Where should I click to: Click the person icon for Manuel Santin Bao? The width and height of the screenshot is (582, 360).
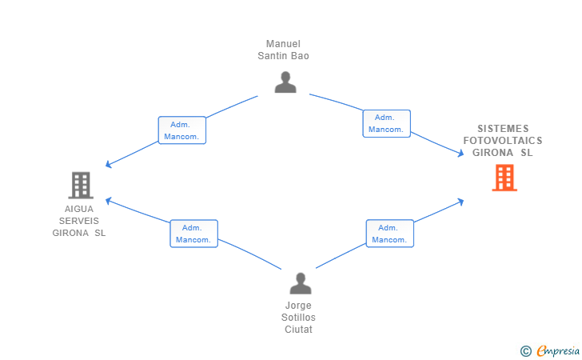pos(285,82)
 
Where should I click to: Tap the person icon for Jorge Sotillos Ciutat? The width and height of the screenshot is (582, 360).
pos(301,283)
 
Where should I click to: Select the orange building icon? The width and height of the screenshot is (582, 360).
pos(504,178)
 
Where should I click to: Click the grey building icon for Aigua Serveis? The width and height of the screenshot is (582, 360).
pos(81,185)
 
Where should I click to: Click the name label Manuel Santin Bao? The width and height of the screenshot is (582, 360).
pos(283,50)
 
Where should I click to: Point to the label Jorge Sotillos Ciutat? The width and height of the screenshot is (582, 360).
pos(298,318)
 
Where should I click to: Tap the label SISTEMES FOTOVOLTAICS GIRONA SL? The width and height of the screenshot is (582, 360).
pos(503,141)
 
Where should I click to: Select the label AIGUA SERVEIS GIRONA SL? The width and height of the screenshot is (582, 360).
pos(79,221)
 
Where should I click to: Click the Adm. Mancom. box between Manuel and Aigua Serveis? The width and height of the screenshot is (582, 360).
pos(182,130)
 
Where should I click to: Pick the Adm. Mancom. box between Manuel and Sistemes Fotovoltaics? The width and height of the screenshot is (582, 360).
pos(386,123)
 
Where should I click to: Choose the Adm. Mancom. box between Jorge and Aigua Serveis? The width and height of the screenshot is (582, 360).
pos(193,234)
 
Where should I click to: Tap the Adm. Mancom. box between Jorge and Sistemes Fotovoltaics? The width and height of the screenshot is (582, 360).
pos(390,234)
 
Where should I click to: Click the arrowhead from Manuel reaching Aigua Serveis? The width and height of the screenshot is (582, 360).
pos(108,164)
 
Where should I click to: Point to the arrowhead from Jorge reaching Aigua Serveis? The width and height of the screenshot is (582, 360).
pos(108,201)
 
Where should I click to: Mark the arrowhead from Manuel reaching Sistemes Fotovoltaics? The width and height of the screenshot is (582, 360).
pos(461,153)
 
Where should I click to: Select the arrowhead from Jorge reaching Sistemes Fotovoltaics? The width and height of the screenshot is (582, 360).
pos(461,202)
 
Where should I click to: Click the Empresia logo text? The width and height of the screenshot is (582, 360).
pos(558,350)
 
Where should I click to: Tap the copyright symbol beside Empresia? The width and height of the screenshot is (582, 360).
pos(526,351)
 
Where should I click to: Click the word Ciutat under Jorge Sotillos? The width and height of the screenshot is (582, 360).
pos(298,329)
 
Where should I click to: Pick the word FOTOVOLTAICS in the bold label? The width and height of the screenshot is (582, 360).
pos(503,141)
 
